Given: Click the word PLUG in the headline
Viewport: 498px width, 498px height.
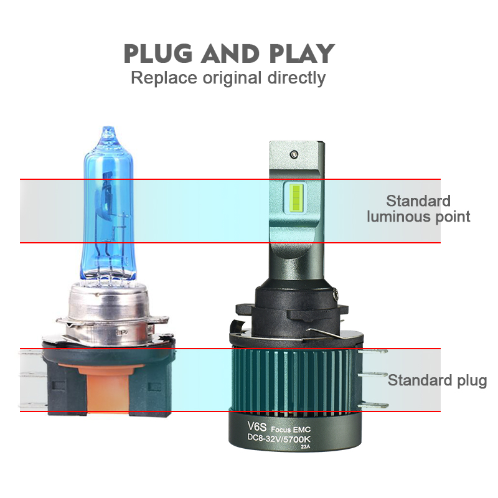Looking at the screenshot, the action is (x=158, y=54).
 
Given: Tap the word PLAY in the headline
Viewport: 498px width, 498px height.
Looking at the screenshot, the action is (x=302, y=54).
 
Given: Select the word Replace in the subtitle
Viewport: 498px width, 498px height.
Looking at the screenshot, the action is (x=164, y=78).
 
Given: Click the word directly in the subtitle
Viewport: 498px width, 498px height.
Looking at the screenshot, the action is (x=297, y=78).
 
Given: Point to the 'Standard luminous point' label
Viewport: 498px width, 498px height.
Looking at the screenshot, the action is (x=418, y=209).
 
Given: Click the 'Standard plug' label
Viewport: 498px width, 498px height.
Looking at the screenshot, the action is (x=438, y=380).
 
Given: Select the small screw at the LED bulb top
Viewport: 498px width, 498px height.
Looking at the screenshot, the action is (x=294, y=154).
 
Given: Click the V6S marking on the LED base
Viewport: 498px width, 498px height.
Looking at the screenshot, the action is (x=256, y=426).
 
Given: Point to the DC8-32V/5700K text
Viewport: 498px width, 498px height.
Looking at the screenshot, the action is (x=279, y=439).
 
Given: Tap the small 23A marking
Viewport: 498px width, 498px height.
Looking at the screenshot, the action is (x=306, y=447).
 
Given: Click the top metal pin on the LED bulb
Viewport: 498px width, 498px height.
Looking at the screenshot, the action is (x=372, y=351).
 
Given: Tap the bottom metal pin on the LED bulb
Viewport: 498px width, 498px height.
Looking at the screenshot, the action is (x=372, y=405).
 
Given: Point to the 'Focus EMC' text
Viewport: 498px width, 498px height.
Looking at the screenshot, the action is (x=291, y=430).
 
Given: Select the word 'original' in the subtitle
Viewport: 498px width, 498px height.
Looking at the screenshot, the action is (x=232, y=78).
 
